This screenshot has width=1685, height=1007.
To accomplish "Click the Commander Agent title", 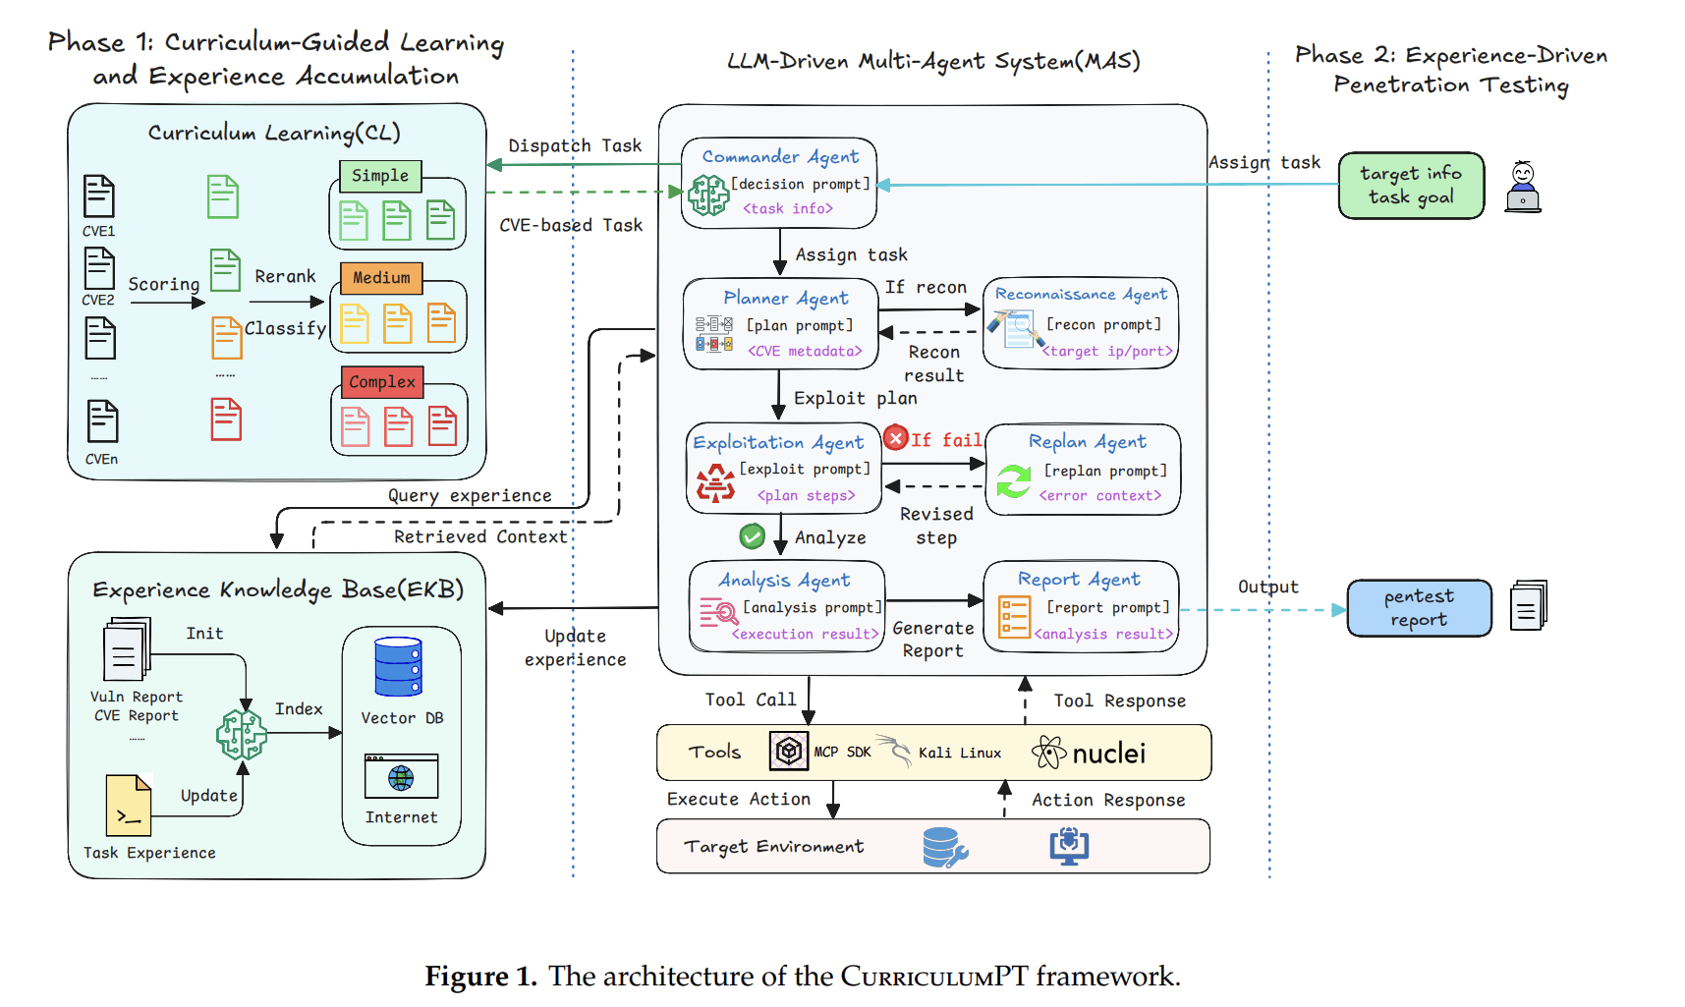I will click(780, 157).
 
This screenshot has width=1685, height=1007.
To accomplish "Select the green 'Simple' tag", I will click(380, 176).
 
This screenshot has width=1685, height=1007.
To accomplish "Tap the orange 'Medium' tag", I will click(381, 278).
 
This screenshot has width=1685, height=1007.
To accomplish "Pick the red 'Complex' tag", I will click(382, 382).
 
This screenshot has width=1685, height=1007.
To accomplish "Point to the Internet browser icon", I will click(401, 777).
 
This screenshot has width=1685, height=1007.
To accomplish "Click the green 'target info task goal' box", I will click(1410, 186).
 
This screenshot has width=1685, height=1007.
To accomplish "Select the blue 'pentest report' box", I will click(1419, 608).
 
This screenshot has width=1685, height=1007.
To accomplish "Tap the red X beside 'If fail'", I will click(895, 438).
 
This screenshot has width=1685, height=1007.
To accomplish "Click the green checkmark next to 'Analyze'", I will click(752, 536).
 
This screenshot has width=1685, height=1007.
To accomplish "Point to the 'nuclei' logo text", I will click(1108, 754).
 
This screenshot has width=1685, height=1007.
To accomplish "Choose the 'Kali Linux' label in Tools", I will click(959, 754).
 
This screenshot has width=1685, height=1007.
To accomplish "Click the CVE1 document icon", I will click(98, 196).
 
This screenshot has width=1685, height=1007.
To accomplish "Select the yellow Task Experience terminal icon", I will click(129, 806).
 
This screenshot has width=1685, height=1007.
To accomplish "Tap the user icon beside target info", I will click(1523, 187).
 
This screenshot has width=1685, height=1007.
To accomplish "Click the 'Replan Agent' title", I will click(1087, 442).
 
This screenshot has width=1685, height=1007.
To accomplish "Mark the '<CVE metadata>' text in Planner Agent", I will click(805, 352).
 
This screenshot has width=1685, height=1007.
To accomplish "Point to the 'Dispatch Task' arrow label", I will click(575, 146).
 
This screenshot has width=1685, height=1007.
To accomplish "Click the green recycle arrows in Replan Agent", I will click(1013, 481).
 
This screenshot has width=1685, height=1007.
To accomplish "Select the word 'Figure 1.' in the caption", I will click(480, 977).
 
